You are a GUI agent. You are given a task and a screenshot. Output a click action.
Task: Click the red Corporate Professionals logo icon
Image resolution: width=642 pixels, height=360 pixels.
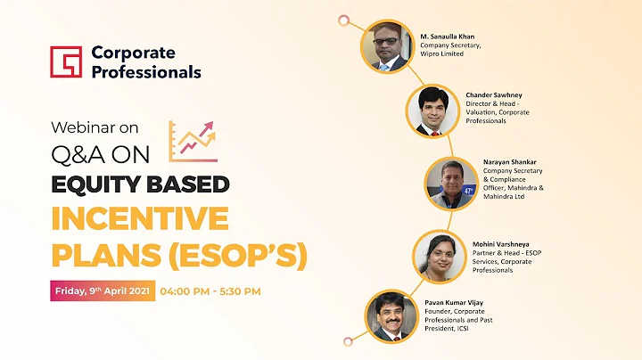click(67, 62)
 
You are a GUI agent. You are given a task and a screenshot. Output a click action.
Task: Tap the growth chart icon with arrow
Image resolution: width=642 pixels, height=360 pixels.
click(195, 142)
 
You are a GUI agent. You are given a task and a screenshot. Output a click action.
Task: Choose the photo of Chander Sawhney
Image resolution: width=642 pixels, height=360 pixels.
click(433, 111)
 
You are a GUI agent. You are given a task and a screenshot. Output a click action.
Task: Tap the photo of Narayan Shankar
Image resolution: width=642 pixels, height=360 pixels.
click(451, 183)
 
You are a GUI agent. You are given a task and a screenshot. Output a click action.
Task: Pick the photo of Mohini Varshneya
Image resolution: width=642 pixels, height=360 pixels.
click(437, 255)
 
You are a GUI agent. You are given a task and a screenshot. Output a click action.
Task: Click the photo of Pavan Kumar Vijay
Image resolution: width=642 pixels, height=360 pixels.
click(392, 315)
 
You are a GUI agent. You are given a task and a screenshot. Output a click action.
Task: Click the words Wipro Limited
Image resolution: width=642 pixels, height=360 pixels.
click(445, 56)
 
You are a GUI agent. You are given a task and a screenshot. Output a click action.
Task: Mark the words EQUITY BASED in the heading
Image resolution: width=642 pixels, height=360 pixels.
click(140, 184)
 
